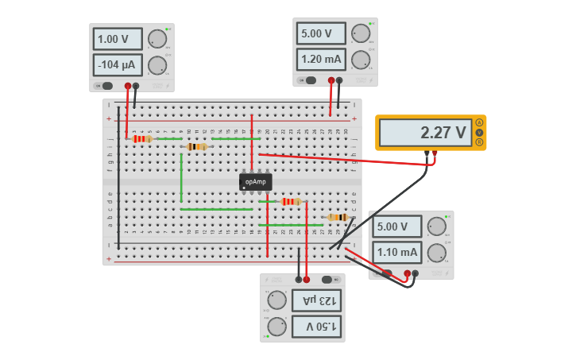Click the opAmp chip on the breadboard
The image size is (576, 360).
point(255,182)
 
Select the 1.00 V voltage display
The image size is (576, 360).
point(118,39)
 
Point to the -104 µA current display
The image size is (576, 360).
point(118,65)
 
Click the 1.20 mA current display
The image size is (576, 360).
point(321,59)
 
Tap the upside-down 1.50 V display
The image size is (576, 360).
point(316,326)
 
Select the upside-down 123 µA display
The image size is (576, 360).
point(316,300)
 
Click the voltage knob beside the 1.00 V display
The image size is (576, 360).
point(157,39)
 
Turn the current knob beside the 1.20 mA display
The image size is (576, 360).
point(361,60)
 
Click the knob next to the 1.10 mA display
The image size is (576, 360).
point(436,253)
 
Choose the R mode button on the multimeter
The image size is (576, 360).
point(479,141)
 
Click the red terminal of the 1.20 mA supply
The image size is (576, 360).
point(331,80)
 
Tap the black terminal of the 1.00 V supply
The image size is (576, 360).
point(136,86)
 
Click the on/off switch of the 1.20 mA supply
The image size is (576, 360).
point(308,80)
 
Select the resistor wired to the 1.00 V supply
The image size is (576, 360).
point(142,139)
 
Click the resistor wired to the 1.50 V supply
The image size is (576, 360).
point(291,202)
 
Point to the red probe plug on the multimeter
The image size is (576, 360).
point(435,153)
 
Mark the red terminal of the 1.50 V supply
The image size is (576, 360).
point(307,280)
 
